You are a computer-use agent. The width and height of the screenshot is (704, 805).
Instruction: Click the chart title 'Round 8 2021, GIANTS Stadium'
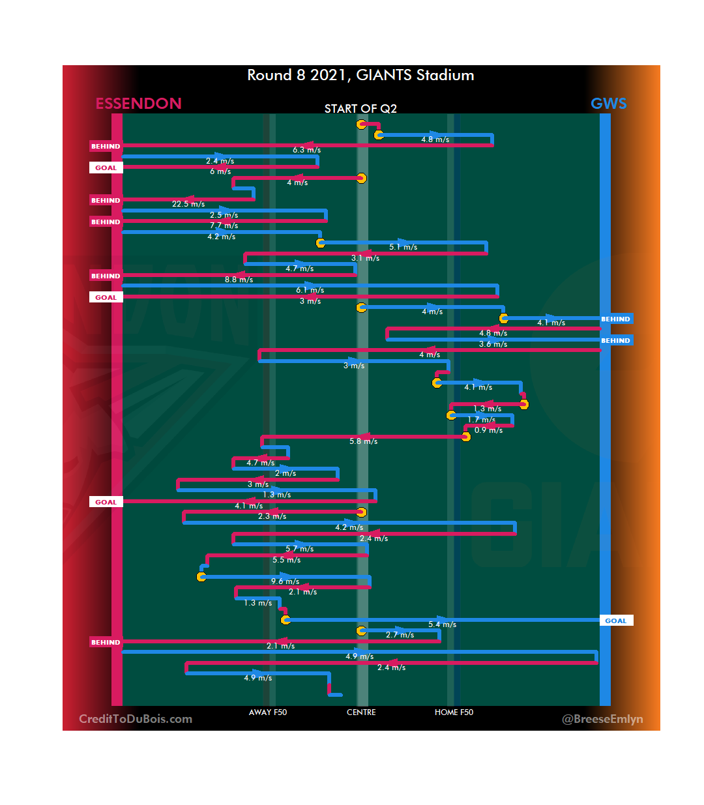click(360, 75)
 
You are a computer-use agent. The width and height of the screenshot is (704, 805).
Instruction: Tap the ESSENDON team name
click(138, 104)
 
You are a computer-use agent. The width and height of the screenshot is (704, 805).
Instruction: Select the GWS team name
click(608, 104)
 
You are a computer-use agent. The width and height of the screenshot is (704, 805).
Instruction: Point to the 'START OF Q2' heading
click(360, 109)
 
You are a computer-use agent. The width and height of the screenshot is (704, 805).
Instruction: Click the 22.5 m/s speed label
click(188, 204)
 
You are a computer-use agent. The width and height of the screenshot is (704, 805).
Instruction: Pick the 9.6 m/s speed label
click(286, 581)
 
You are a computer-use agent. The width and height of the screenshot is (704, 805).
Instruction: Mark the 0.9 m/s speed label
click(488, 430)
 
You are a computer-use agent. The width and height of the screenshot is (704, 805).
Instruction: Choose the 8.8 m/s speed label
click(239, 280)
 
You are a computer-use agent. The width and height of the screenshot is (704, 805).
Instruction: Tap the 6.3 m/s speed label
click(306, 150)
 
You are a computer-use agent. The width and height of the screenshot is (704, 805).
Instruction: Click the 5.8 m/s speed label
click(363, 441)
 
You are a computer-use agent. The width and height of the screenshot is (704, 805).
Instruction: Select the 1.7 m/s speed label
click(481, 420)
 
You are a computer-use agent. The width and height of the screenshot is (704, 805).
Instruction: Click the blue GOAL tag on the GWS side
click(616, 621)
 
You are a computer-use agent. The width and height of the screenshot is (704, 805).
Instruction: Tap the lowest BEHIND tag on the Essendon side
click(106, 642)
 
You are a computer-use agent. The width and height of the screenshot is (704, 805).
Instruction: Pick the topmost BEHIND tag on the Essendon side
click(106, 146)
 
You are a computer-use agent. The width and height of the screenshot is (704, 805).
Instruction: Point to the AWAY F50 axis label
click(267, 712)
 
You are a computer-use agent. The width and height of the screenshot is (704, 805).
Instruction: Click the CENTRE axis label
click(361, 712)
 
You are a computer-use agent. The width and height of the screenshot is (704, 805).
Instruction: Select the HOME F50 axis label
click(454, 712)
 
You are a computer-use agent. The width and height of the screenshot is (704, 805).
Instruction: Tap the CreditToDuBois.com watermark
click(136, 719)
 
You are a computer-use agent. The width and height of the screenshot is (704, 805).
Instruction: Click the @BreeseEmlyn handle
click(602, 719)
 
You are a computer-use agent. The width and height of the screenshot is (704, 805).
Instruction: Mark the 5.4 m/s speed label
click(442, 624)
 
